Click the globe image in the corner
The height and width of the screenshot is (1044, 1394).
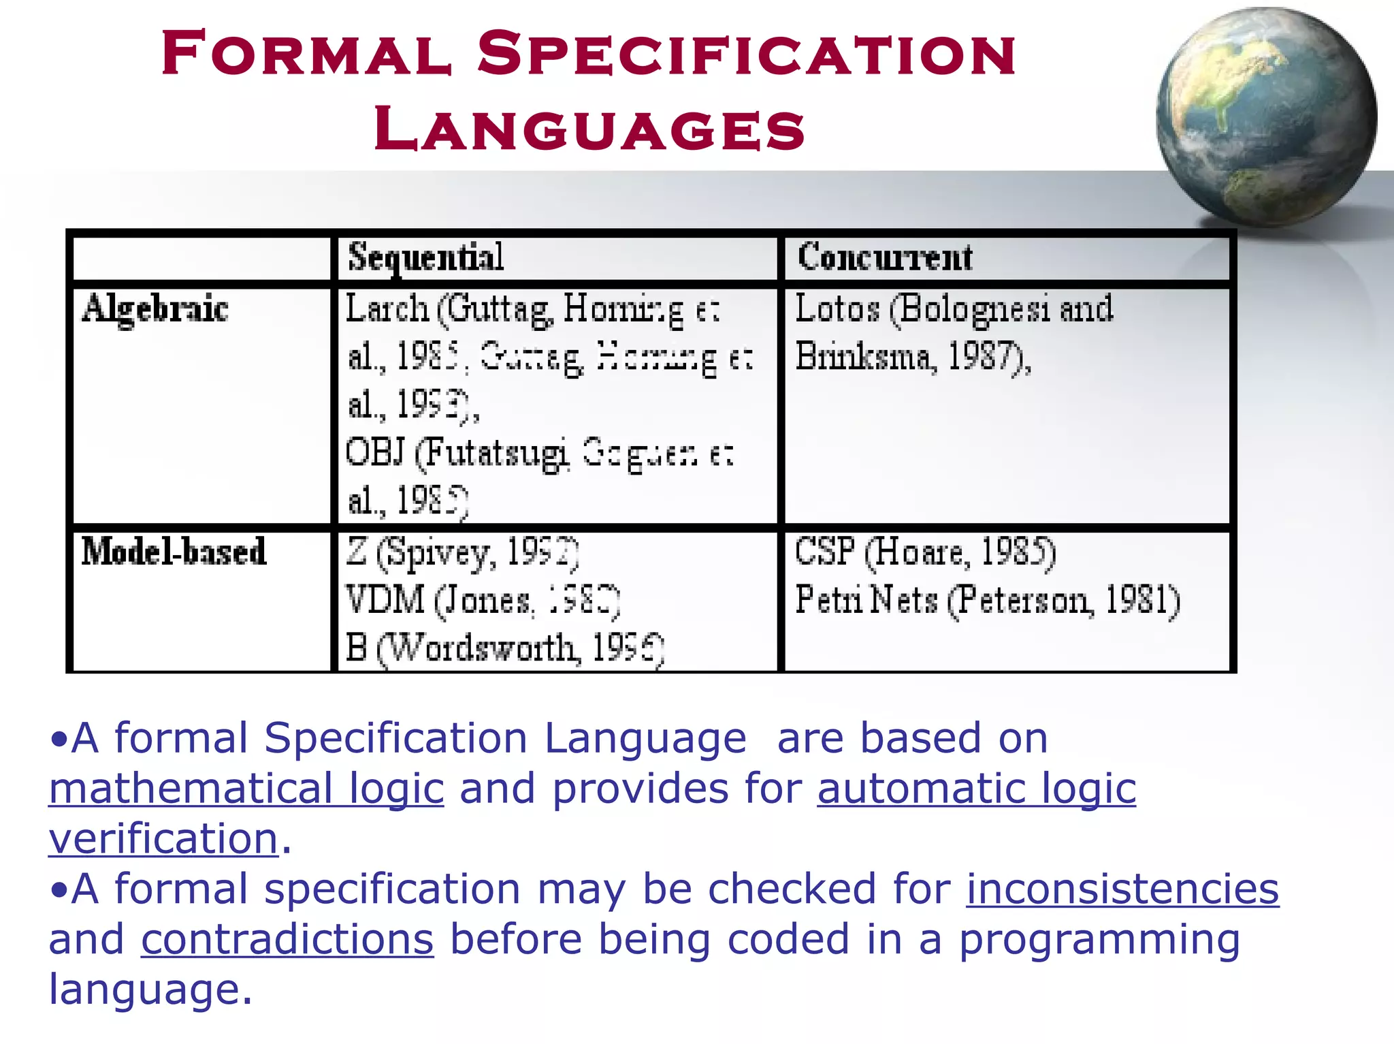[x=1266, y=116]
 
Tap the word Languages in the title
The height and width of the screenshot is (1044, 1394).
[x=589, y=129]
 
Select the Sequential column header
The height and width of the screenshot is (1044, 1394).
[x=426, y=257]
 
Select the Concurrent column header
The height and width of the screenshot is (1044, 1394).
[x=885, y=257]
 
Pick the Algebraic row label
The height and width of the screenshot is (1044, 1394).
[x=155, y=309]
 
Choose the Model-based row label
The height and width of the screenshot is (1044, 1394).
[x=174, y=551]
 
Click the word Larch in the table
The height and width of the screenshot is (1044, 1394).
[x=387, y=309]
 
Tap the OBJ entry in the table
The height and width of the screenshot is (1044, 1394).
[x=375, y=452]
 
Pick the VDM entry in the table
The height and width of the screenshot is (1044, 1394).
[x=385, y=599]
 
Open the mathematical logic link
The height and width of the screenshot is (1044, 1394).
[x=246, y=789]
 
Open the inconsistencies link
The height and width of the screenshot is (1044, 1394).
[x=1122, y=889]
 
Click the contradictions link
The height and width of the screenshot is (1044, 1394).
[x=287, y=940]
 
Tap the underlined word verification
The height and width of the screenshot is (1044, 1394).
[x=163, y=838]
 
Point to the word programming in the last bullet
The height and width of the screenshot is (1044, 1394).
[x=1099, y=940]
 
